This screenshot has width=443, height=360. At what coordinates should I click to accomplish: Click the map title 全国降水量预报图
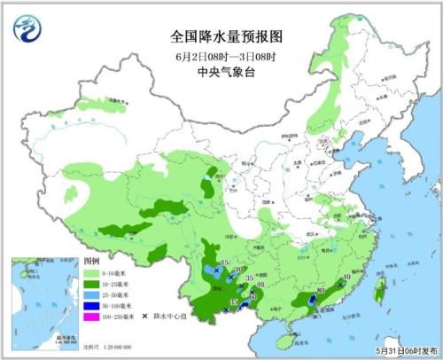pos(221,36)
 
